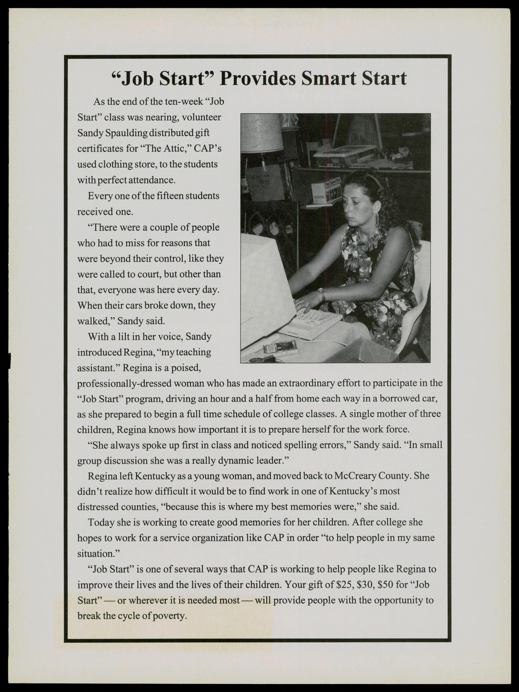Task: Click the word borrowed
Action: (x=398, y=399)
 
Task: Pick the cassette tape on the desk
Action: (x=279, y=348)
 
